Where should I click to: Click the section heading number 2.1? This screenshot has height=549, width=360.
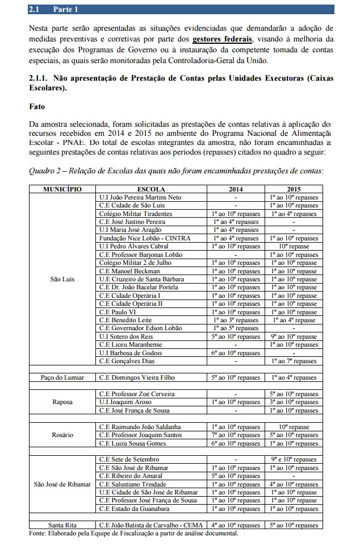(x=35, y=10)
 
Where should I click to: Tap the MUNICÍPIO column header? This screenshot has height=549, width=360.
(x=62, y=189)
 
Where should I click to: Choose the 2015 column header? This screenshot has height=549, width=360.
(x=294, y=189)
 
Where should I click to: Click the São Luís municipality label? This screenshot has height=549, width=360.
(x=62, y=279)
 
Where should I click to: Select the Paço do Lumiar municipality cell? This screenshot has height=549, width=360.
(x=62, y=377)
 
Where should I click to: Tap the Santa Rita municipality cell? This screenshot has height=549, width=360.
(x=62, y=525)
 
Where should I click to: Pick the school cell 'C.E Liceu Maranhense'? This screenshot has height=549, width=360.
(x=130, y=344)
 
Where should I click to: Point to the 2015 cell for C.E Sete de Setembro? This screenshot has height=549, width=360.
(x=294, y=459)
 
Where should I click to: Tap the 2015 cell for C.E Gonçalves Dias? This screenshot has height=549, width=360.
(x=294, y=361)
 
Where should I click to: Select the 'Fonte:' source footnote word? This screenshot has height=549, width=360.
(x=39, y=534)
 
